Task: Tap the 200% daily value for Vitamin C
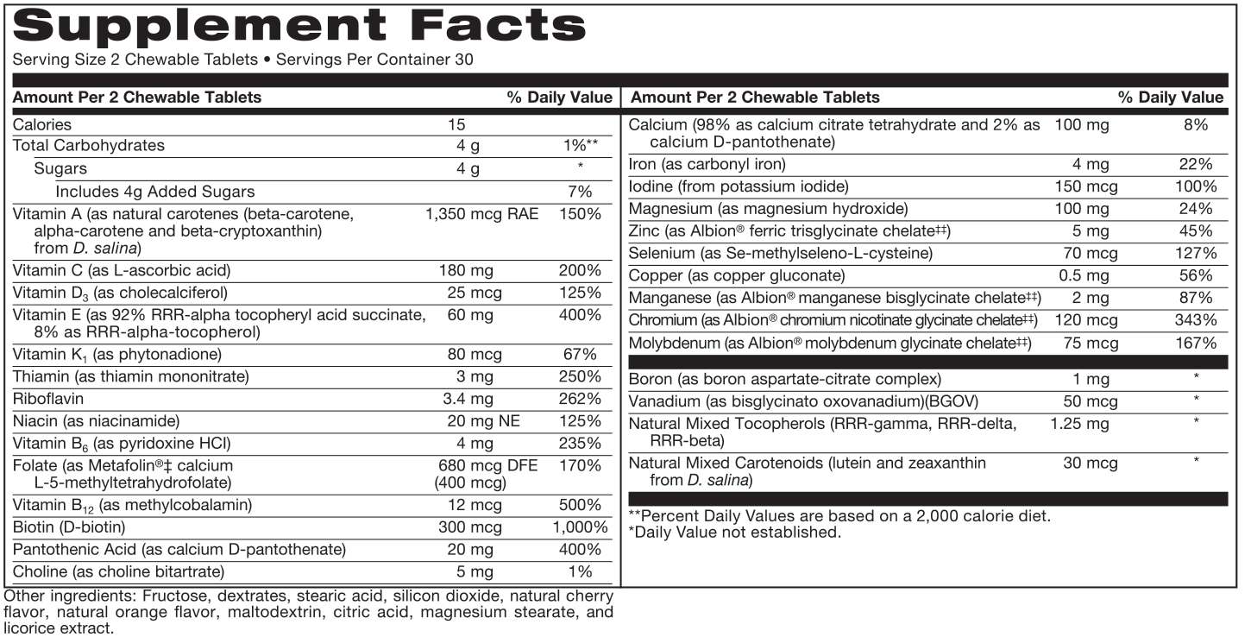point(580,271)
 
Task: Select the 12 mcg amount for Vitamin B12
point(471,504)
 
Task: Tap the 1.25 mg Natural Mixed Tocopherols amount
point(1079,424)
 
